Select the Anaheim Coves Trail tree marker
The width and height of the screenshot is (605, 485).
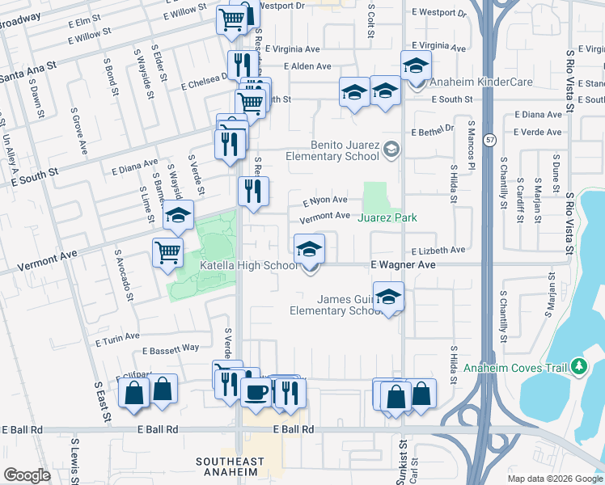point(577,367)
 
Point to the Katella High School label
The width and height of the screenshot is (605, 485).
point(248,265)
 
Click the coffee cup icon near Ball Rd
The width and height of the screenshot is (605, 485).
point(256,392)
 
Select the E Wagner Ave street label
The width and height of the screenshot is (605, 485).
point(403,265)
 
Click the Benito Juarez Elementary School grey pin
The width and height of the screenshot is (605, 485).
point(391,148)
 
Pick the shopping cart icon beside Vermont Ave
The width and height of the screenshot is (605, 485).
point(167,252)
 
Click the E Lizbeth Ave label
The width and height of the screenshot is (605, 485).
point(438,251)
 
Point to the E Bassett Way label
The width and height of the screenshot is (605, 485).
point(171,349)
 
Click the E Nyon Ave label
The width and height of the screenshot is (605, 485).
point(324,200)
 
